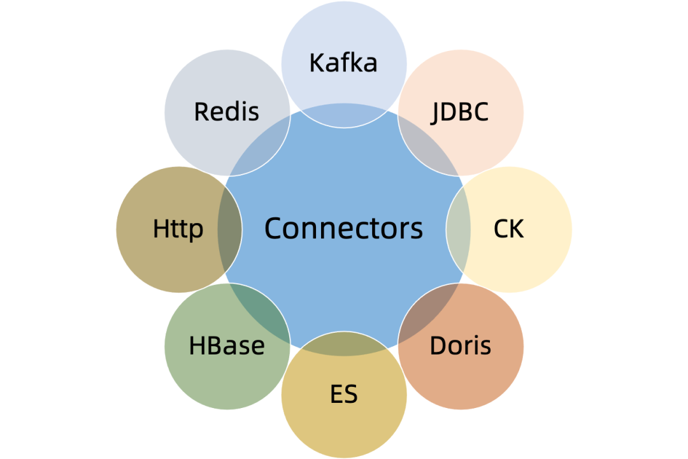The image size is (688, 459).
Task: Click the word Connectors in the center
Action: tap(343, 228)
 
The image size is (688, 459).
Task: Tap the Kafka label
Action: tap(343, 63)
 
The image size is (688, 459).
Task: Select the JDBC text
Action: tap(460, 112)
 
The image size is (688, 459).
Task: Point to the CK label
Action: tap(508, 229)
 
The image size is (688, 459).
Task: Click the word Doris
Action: tap(460, 346)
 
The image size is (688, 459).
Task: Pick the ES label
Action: tap(343, 395)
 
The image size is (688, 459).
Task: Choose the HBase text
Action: tap(227, 346)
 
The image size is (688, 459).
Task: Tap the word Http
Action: tap(178, 229)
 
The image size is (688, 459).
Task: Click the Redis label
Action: tap(227, 112)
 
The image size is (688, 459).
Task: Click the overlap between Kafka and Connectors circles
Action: tap(344, 115)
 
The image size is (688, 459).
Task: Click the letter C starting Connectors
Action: tap(273, 228)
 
